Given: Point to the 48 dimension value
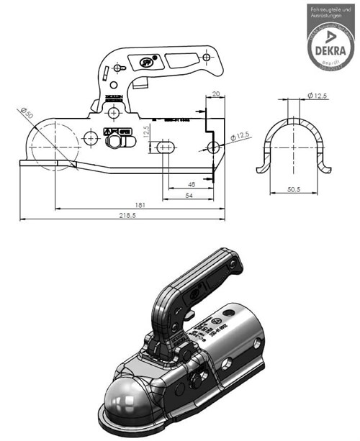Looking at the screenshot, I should click(191, 184).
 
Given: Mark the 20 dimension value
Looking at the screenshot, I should click(215, 94).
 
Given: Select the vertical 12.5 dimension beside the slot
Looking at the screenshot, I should click(145, 133).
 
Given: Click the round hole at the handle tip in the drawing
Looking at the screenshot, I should click(205, 56).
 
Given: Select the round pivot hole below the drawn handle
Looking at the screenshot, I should click(113, 113).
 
